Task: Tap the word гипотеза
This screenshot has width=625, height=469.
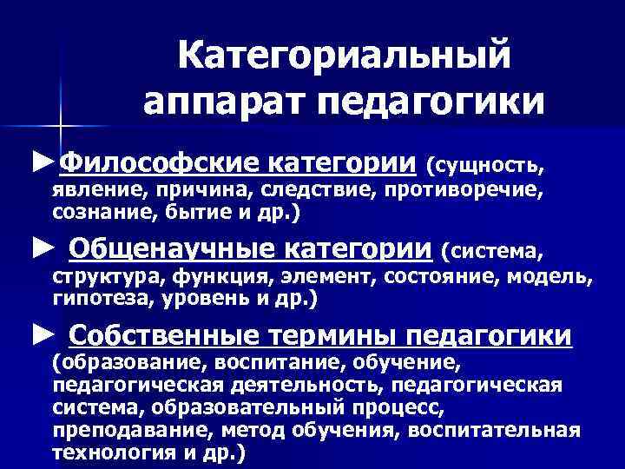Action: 94,301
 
